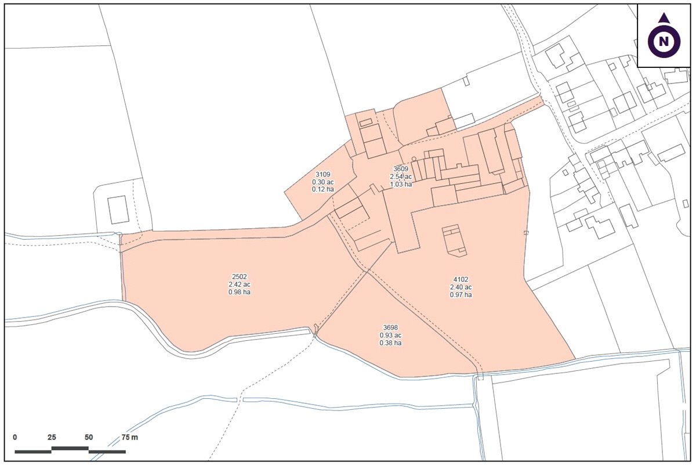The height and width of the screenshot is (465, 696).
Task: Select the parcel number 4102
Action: (461, 279)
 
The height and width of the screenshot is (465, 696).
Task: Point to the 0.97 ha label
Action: (461, 295)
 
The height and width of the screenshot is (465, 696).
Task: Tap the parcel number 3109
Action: (323, 174)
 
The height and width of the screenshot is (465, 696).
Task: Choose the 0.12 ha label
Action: (323, 189)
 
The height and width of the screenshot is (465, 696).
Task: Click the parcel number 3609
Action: (401, 169)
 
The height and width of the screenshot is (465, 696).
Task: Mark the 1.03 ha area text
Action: (401, 185)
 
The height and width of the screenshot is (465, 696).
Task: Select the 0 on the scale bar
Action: (15, 437)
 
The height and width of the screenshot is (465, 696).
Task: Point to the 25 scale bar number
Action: (52, 437)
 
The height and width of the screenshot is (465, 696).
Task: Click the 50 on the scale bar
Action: (88, 437)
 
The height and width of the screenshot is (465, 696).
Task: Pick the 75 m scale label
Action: (130, 437)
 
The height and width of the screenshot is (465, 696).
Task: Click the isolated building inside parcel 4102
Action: (454, 240)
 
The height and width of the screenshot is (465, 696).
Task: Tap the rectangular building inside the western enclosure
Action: (118, 209)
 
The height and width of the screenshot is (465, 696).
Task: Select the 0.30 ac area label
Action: (323, 182)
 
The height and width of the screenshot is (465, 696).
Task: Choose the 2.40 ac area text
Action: (461, 287)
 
